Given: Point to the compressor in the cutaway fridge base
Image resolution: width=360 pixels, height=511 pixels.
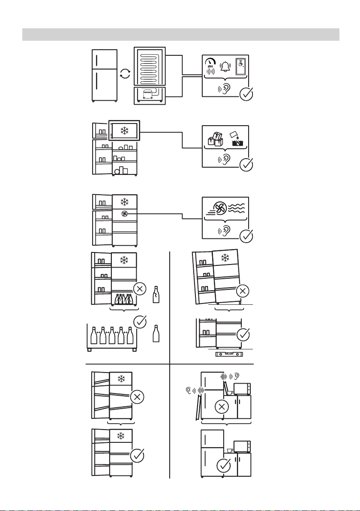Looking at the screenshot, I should (x=148, y=94).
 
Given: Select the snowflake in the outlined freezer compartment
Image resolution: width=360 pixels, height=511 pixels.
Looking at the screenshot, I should (x=124, y=131).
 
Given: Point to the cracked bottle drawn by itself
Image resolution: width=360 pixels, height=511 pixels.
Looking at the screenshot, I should (x=156, y=295).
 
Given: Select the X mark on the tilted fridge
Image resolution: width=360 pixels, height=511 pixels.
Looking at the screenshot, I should (x=242, y=291).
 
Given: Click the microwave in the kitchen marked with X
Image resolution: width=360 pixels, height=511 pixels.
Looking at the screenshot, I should (x=242, y=388).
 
